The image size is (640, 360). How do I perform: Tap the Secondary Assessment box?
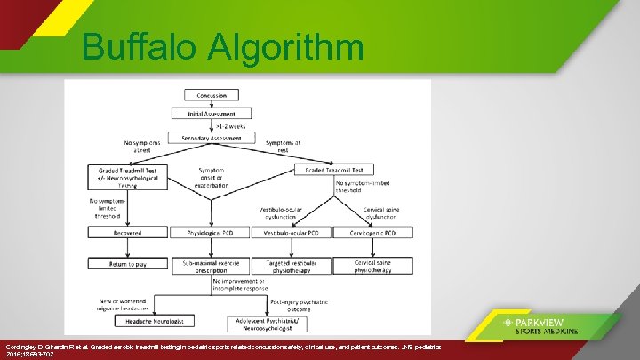[x=211, y=139]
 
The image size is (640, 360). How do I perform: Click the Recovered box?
[x=125, y=232]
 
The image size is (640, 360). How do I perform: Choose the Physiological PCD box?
[x=211, y=232]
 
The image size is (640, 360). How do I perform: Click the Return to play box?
[x=125, y=263]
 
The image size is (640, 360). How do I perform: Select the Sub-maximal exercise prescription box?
[x=211, y=265]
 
